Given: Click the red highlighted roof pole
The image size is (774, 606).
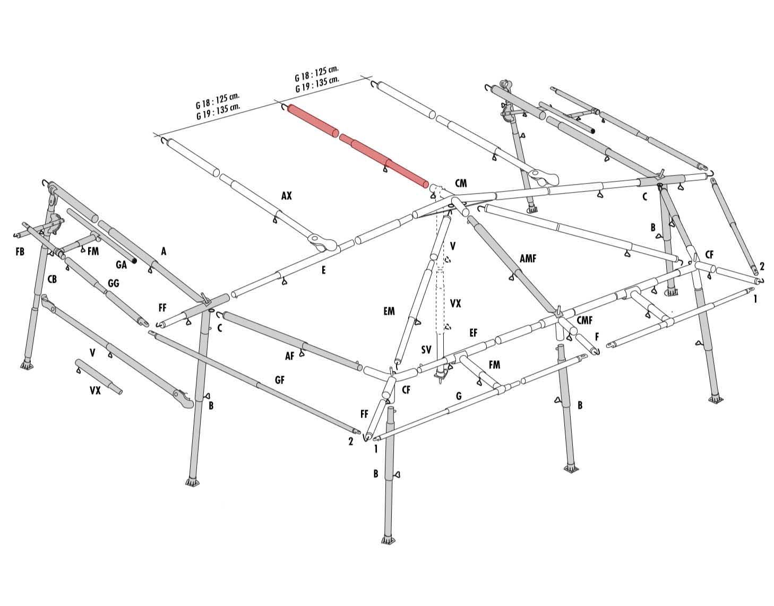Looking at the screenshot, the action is point(357,145).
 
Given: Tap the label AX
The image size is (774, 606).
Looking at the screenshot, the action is point(286,195).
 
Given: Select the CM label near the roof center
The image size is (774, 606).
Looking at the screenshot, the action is point(461,184).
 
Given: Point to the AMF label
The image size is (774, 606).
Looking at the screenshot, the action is point(528,258).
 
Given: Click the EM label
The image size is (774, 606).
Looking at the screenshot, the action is point(389,311).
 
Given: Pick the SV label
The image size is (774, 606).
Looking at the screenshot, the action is point(426,350).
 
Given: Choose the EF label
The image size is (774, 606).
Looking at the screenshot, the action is point(473,333).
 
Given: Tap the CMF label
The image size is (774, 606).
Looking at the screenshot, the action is point(584,321).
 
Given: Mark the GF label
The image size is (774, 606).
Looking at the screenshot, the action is point(280,380).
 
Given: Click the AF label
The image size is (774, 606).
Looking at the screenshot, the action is point(289,356).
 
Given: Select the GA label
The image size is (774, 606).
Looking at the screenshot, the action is point(121,265).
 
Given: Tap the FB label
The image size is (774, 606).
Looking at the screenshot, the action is point(20,252).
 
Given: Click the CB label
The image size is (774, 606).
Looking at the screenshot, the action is point(52,279).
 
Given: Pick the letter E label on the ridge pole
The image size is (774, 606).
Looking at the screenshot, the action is point(323,270).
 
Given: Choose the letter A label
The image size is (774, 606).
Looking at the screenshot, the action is point(164,252).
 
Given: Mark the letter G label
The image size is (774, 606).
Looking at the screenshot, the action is point(459,395).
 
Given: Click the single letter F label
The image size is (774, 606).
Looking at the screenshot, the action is point(597,336).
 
